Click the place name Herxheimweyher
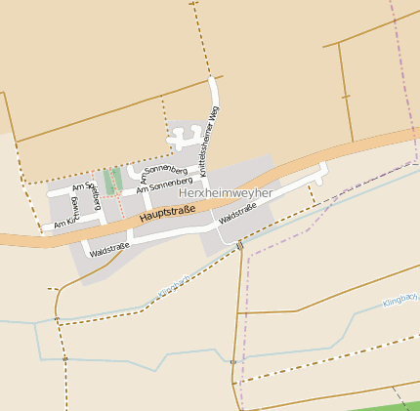point(225,193)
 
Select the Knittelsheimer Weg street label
point(206,142)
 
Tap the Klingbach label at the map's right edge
point(399,303)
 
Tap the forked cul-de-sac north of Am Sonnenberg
point(183,137)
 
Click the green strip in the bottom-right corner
point(391,405)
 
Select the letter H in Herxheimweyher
point(184,193)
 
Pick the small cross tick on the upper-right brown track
point(345,96)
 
